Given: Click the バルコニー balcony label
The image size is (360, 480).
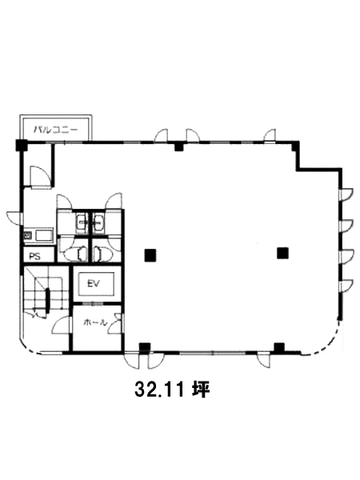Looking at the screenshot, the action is [x=56, y=130].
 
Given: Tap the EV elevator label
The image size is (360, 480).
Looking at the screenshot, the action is [x=94, y=284].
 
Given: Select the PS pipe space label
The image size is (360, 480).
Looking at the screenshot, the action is [x=34, y=256].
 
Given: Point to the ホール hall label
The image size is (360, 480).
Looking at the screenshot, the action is [x=95, y=322].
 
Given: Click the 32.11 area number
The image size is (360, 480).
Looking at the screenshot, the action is [x=159, y=390].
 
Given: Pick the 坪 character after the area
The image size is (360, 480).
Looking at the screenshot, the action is [x=201, y=390].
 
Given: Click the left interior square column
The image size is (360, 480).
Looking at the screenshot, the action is [x=150, y=255].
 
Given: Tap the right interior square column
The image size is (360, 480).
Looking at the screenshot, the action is [x=282, y=253].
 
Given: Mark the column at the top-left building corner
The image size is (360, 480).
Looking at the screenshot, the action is [x=22, y=145].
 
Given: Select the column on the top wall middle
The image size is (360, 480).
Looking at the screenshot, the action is [x=178, y=146].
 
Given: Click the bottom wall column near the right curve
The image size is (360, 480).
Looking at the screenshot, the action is [x=279, y=347].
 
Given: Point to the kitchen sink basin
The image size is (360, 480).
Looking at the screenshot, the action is [x=43, y=236].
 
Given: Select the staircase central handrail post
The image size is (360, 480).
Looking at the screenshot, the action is [x=47, y=301].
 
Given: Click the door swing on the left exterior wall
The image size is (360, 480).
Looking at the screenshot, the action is [x=14, y=218].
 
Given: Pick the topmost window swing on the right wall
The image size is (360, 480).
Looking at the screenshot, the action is [x=347, y=194].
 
